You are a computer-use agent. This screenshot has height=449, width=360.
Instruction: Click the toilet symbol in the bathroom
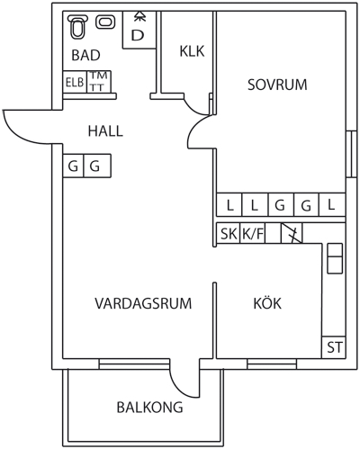click(x=77, y=27)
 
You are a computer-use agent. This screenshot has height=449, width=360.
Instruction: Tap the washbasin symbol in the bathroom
click(x=105, y=22)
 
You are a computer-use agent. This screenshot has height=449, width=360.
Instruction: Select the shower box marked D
click(x=139, y=30)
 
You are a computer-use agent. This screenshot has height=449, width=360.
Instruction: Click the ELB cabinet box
click(x=75, y=82)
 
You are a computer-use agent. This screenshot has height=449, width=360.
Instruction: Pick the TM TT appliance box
click(x=99, y=82)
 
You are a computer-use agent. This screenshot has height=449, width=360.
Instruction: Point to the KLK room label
click(x=192, y=51)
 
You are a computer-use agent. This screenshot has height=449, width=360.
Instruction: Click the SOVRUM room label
click(x=277, y=85)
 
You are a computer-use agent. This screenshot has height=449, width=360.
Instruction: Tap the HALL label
click(x=105, y=131)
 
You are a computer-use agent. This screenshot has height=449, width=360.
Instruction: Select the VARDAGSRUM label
click(x=143, y=303)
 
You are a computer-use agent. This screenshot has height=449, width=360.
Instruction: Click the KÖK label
click(x=267, y=303)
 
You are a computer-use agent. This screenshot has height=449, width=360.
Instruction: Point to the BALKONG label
click(x=149, y=408)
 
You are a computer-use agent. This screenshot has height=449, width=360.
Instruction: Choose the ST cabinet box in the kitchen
click(x=334, y=347)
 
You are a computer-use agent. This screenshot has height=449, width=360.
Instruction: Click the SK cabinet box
click(x=229, y=233)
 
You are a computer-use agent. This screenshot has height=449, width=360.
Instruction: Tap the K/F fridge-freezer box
click(x=253, y=233)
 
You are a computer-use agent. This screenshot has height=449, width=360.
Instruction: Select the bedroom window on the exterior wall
click(x=351, y=154)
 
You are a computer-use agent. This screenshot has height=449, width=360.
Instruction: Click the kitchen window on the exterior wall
click(x=272, y=364)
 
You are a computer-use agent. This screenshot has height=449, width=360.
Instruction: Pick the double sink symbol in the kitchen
click(x=335, y=258)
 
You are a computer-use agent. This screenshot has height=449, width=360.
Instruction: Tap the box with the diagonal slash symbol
click(x=292, y=233)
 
